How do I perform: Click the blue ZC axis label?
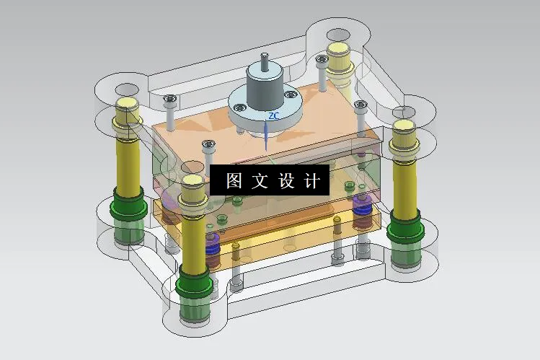click(273, 115)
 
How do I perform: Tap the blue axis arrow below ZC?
click(267, 133)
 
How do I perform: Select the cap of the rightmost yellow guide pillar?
click(402, 128)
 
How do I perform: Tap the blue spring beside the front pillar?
click(213, 245)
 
